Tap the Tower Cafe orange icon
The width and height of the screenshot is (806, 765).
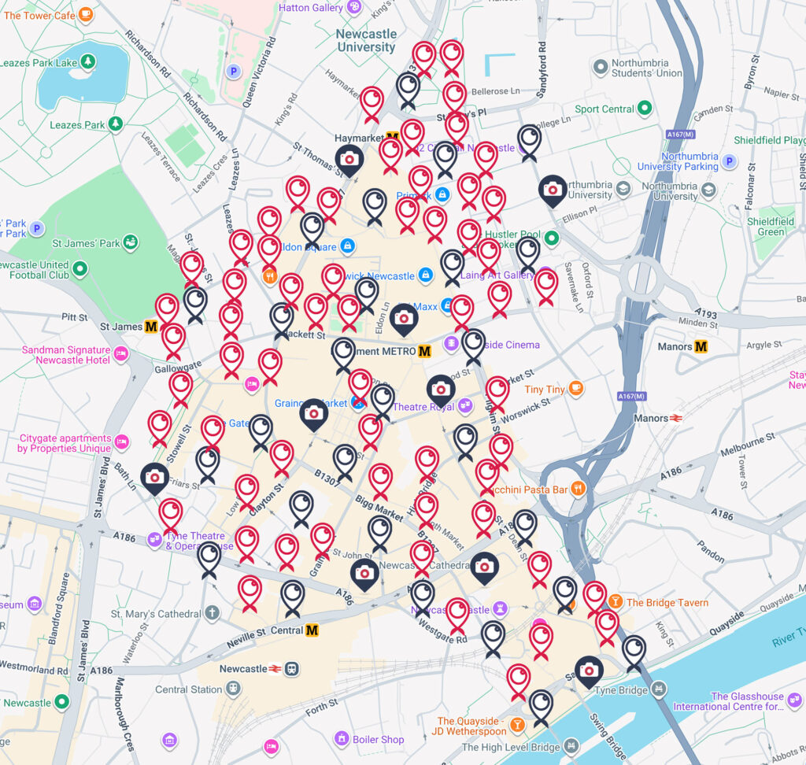point(86,14)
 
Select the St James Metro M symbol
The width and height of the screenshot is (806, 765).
point(151,326)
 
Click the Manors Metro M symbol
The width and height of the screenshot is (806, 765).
point(701,346)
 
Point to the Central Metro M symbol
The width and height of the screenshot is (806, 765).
point(312,630)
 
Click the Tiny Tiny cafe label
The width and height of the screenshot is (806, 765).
point(545,390)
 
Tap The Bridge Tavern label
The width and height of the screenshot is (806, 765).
point(667,603)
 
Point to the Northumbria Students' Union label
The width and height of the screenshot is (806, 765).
point(649,68)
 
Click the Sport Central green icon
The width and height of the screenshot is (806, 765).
point(645,109)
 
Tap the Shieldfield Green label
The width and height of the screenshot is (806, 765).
point(771,227)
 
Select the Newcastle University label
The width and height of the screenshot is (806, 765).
point(366,41)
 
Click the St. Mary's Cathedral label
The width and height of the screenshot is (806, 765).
point(156,613)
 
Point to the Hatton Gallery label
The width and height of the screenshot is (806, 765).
point(311,8)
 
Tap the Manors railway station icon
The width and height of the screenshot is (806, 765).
point(675,418)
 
